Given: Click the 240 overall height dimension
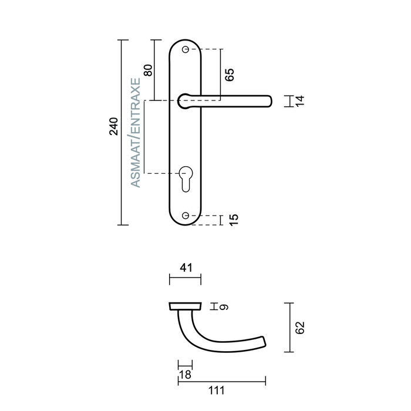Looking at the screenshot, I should click(x=114, y=127).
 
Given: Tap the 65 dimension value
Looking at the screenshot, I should click(x=230, y=74).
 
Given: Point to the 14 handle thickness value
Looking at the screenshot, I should click(x=299, y=101).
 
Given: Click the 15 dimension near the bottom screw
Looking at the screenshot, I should click(x=233, y=220).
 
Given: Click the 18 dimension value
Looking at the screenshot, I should click(x=184, y=375).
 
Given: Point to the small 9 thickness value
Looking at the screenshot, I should click(x=224, y=306).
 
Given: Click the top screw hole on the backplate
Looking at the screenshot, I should click(x=186, y=50).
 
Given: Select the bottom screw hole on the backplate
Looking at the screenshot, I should click(x=186, y=216).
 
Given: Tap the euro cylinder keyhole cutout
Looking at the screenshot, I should click(x=186, y=178).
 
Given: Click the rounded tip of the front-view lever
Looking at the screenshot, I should click(x=269, y=101).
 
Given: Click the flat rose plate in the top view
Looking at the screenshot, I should click(x=185, y=306).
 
